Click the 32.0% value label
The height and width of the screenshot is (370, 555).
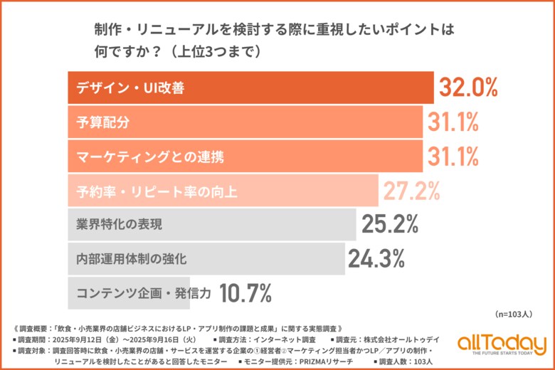[467, 88]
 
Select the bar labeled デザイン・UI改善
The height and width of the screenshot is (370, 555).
[249, 88]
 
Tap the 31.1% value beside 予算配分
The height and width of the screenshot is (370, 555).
[453, 122]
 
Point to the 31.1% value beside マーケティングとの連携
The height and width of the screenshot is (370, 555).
[453, 156]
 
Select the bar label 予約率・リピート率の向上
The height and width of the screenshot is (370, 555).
[148, 190]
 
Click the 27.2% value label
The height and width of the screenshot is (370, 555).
[411, 190]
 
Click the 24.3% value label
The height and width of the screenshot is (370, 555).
[376, 258]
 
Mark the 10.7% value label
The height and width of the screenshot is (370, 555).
[246, 292]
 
